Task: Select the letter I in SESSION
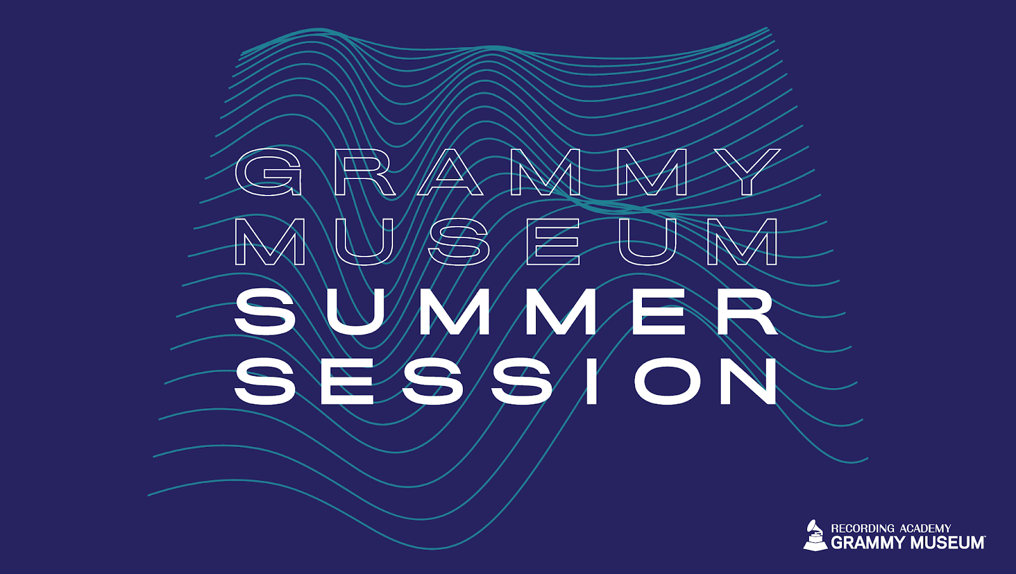pos(591,381)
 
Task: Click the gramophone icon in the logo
pos(815,537)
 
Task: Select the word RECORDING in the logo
pos(862,529)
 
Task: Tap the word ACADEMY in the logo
pos(925,529)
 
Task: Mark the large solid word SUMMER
pos(506,312)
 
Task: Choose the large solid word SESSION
pos(505,381)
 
